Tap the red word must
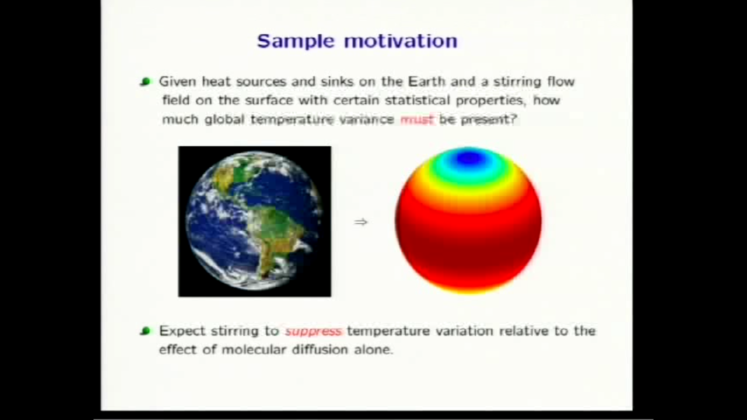click(417, 119)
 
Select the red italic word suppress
click(313, 331)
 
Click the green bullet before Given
click(145, 82)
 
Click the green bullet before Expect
click(145, 331)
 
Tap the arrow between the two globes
click(360, 222)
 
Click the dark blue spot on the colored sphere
click(469, 159)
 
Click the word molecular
click(252, 349)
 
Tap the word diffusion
click(318, 349)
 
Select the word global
click(224, 119)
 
